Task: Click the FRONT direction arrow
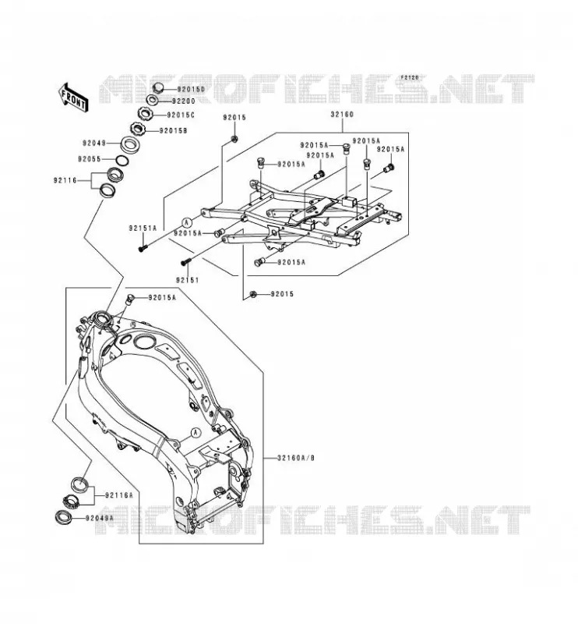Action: (73, 97)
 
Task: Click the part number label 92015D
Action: (191, 90)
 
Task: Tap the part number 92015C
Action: (181, 115)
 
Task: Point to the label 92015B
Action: (173, 130)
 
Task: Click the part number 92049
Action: (94, 143)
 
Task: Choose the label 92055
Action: (90, 159)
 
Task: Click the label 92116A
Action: (119, 495)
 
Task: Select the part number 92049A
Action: (100, 518)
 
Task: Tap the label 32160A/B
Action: (296, 458)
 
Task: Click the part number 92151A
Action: (143, 229)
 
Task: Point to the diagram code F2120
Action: (410, 77)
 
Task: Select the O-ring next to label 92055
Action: (122, 160)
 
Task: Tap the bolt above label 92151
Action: (186, 261)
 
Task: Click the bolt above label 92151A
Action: (143, 247)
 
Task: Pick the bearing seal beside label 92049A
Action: (64, 517)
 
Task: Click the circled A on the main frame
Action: (196, 433)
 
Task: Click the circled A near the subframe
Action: (187, 222)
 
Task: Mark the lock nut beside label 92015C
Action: (146, 114)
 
